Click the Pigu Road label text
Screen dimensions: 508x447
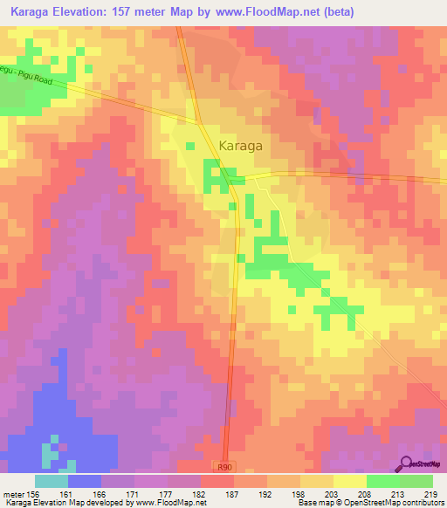point(26,76)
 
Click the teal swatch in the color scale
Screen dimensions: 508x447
point(52,481)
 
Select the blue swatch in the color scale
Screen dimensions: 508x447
point(85,481)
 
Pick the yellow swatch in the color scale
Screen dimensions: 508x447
point(350,481)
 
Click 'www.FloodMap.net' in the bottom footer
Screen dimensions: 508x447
point(171,504)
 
